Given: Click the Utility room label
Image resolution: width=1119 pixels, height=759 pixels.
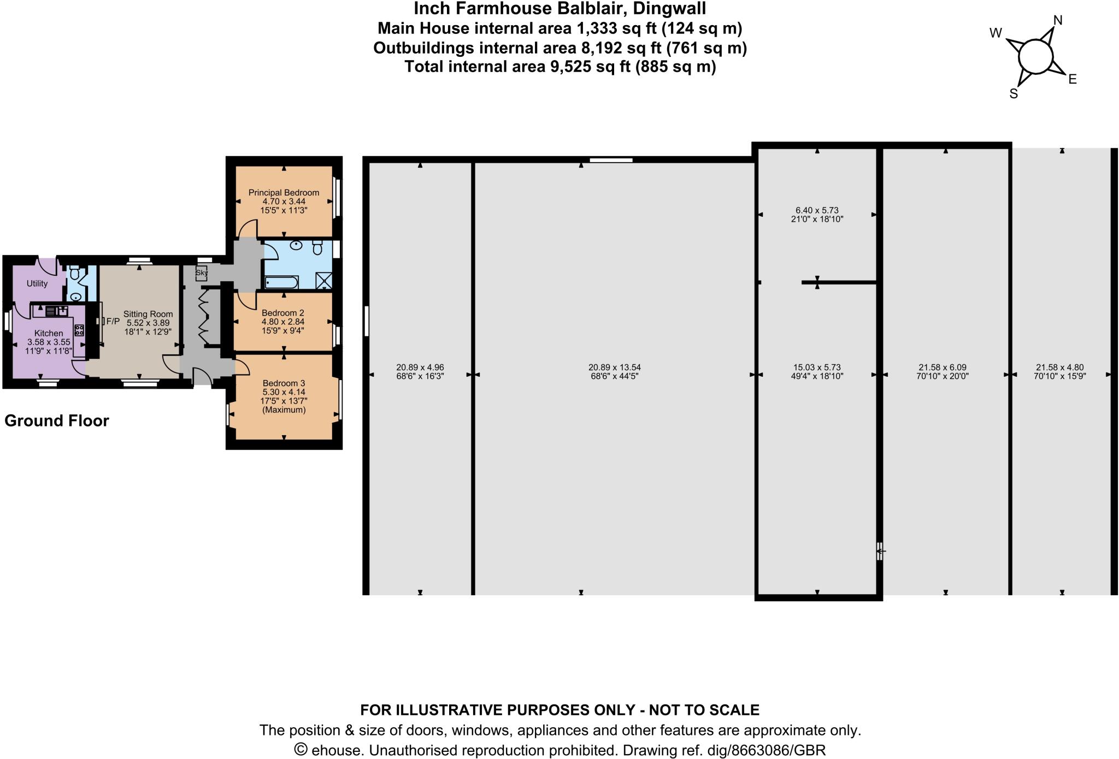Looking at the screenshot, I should pyautogui.click(x=37, y=283).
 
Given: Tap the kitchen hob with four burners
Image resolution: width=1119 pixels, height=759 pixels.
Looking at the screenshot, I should pyautogui.click(x=79, y=330).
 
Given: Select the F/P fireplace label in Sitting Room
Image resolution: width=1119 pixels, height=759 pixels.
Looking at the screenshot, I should pyautogui.click(x=113, y=321).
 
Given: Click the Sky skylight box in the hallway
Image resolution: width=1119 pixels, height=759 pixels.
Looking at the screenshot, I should pyautogui.click(x=202, y=272).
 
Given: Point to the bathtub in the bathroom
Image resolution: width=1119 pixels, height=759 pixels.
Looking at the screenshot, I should pyautogui.click(x=281, y=282).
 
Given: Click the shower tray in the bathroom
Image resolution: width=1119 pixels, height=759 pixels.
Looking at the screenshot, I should pyautogui.click(x=324, y=281).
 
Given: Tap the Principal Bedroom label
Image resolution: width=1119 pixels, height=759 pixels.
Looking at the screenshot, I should pyautogui.click(x=284, y=193).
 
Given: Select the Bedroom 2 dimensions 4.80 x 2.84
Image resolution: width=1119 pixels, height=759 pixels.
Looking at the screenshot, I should pyautogui.click(x=282, y=322).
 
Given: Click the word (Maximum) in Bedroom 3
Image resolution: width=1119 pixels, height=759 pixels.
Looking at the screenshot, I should pyautogui.click(x=284, y=410).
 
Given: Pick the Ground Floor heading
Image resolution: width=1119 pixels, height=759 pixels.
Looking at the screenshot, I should pyautogui.click(x=57, y=420).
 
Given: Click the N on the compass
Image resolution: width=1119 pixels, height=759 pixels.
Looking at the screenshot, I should pyautogui.click(x=1058, y=20).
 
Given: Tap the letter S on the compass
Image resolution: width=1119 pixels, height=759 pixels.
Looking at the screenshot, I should pyautogui.click(x=1014, y=94).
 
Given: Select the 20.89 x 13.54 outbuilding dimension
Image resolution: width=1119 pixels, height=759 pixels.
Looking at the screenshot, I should pyautogui.click(x=614, y=367).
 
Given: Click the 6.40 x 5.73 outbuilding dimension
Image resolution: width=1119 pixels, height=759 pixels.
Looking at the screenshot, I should pyautogui.click(x=817, y=210).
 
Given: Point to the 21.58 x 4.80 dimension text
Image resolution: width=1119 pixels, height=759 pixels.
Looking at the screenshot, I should pyautogui.click(x=1059, y=367).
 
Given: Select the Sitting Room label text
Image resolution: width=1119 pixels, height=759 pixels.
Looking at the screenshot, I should pyautogui.click(x=148, y=314).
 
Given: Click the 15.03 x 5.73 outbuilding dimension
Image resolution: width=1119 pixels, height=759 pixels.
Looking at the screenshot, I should pyautogui.click(x=817, y=367).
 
